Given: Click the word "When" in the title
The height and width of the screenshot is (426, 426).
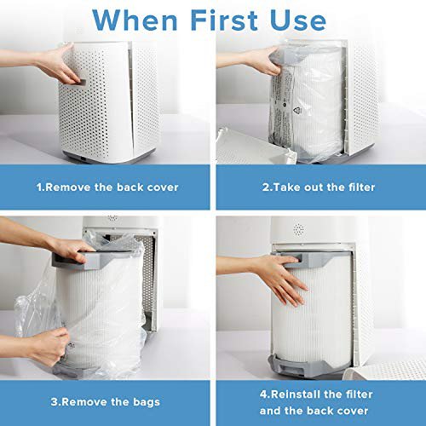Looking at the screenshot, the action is point(135,20).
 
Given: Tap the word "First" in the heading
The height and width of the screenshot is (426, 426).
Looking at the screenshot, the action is point(224,20).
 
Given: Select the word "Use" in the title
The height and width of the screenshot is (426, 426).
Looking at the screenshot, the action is point(298,20).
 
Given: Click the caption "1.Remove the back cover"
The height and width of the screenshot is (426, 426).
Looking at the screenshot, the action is point(107,187).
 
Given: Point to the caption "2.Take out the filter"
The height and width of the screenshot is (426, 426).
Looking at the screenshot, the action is point(319,187).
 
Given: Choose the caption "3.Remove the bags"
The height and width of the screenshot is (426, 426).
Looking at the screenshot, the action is point(106,402).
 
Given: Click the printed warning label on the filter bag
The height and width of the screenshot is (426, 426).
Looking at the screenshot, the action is point(282,108).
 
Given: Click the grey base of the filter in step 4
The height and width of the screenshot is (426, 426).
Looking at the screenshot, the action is point(298,366).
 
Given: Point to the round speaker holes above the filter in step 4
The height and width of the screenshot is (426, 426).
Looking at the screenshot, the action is point(298,229).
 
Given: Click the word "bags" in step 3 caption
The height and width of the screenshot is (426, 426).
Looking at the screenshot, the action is point(146,402).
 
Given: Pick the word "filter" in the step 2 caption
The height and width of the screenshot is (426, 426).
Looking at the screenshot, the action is point(361,187).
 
